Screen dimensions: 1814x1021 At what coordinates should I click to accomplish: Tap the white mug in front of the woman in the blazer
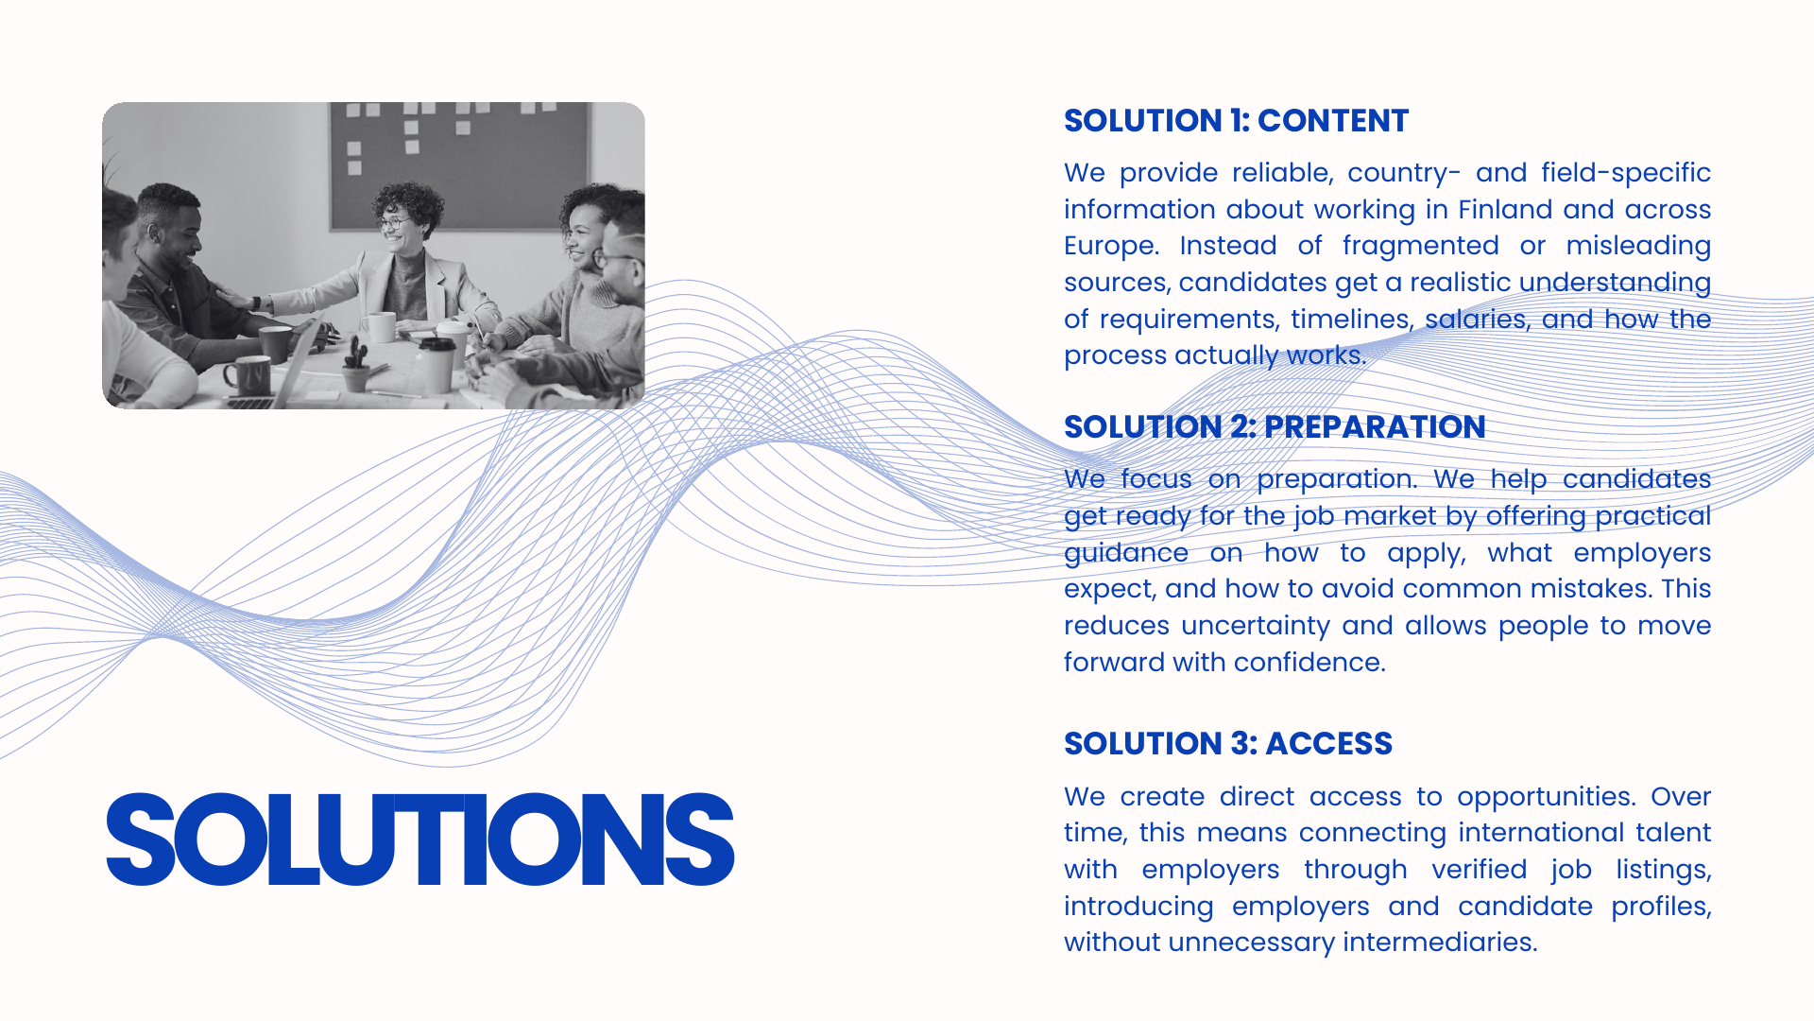pyautogui.click(x=380, y=327)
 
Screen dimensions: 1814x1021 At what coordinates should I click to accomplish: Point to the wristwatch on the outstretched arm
pyautogui.click(x=255, y=303)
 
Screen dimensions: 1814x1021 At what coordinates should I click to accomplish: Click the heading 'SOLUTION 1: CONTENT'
pyautogui.click(x=1236, y=121)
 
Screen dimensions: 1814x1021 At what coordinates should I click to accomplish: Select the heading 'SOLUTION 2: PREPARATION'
pyautogui.click(x=1275, y=427)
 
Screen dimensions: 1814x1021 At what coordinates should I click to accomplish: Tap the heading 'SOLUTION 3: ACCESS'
pyautogui.click(x=1228, y=744)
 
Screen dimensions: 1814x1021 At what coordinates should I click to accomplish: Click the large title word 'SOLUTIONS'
pyautogui.click(x=420, y=839)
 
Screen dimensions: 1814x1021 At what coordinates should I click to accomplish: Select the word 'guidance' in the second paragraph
pyautogui.click(x=1126, y=554)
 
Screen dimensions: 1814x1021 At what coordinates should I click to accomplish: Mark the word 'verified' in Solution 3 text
pyautogui.click(x=1480, y=870)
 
